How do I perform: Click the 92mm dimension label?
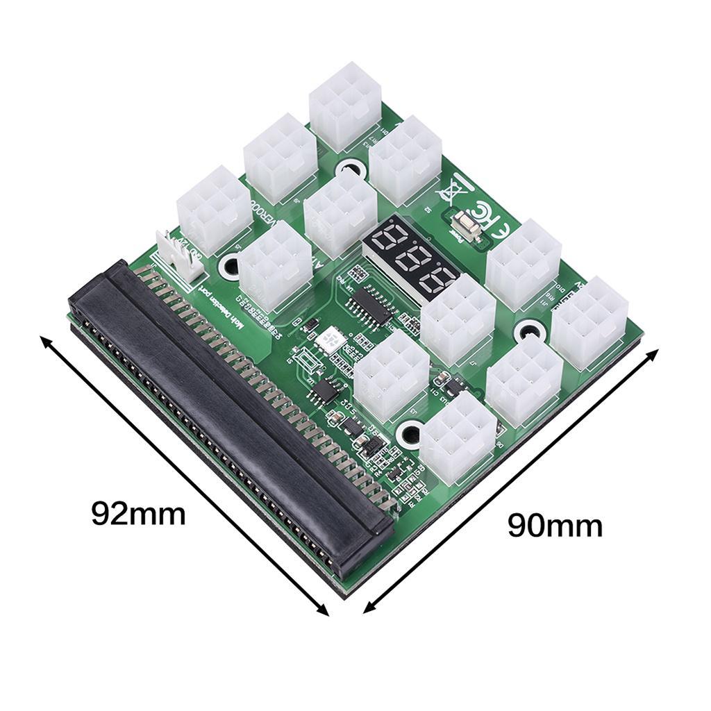pos(139,515)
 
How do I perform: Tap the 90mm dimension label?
pos(555,526)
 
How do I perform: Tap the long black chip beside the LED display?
pos(371,306)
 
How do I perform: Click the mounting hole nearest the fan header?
pos(228,266)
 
